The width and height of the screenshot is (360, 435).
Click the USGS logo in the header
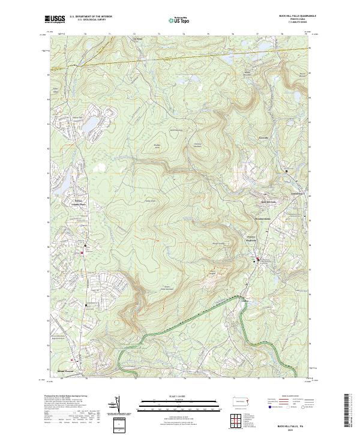tap(55, 19)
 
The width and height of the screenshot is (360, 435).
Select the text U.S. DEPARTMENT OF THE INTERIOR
tap(91, 17)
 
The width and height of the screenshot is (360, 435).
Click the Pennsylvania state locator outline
tap(241, 400)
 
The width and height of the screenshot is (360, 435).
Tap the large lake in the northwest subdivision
tap(92, 124)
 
